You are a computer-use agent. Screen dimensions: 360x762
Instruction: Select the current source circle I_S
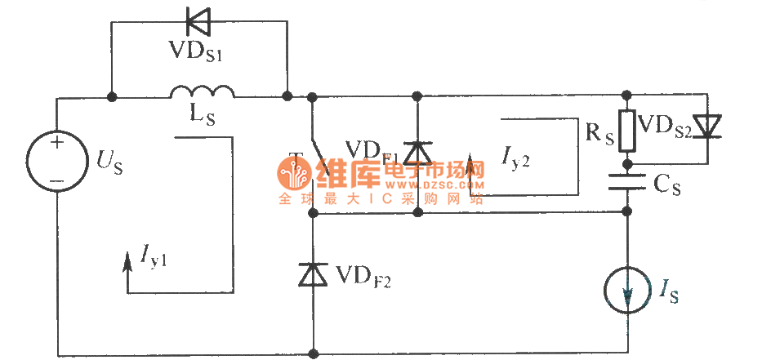pyautogui.click(x=627, y=291)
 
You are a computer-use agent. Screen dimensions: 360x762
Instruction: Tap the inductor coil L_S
pyautogui.click(x=203, y=91)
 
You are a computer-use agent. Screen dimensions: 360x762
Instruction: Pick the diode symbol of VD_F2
pyautogui.click(x=314, y=275)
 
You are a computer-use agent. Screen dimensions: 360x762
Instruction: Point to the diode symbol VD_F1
pyautogui.click(x=418, y=151)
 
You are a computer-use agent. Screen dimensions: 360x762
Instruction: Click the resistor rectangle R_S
pyautogui.click(x=627, y=131)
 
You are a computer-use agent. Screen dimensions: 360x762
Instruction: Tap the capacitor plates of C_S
pyautogui.click(x=627, y=184)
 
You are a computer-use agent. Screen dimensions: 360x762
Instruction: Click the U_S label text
pyautogui.click(x=113, y=160)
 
